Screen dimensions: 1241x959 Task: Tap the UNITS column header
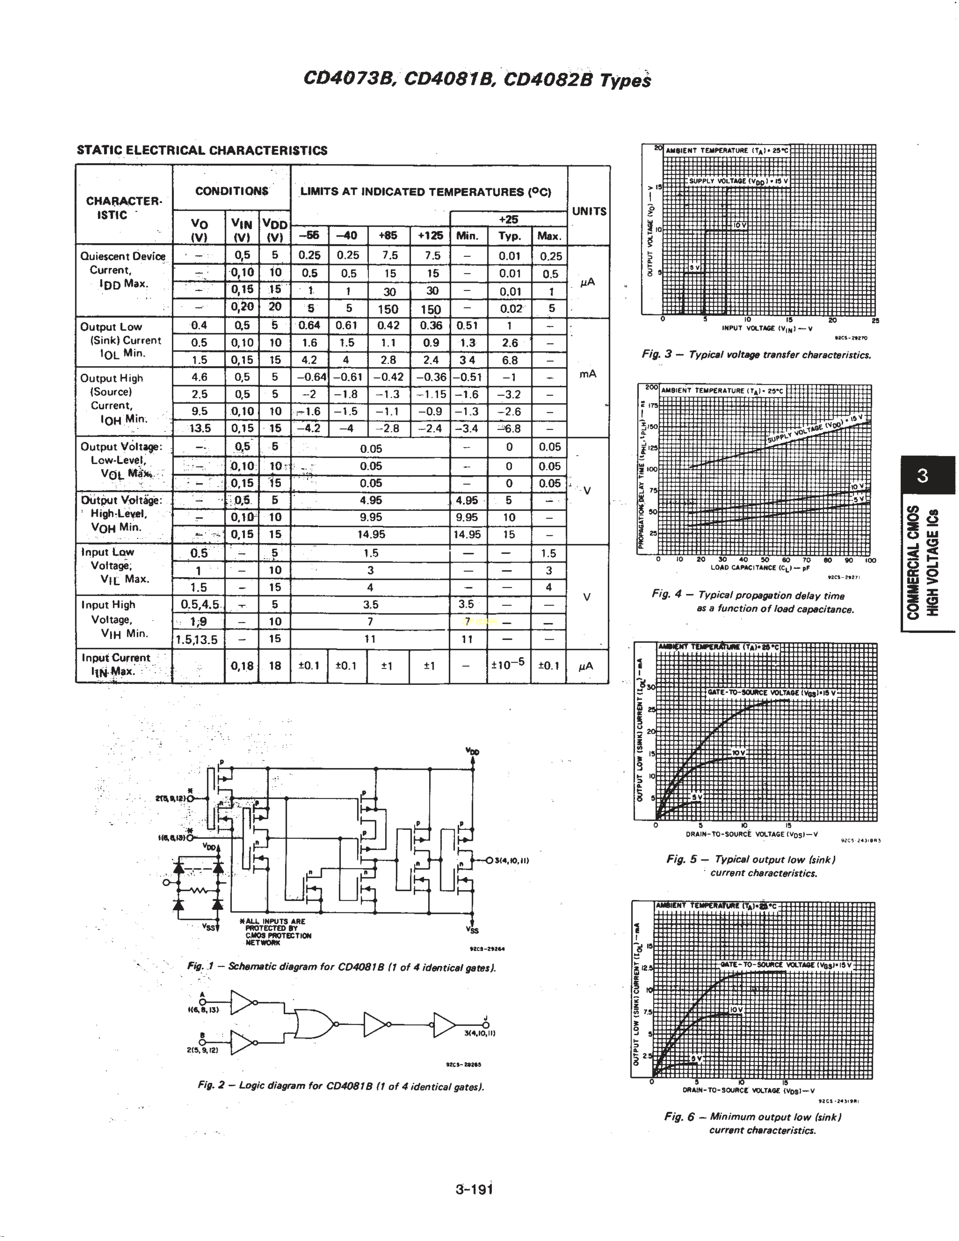click(x=589, y=211)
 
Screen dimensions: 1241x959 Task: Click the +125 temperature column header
click(x=430, y=236)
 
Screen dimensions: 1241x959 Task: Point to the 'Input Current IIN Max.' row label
click(x=115, y=664)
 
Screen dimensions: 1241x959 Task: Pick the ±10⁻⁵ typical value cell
click(x=508, y=665)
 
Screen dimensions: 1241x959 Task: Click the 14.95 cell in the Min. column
click(x=467, y=535)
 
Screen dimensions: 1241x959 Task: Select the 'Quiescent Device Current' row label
click(x=122, y=270)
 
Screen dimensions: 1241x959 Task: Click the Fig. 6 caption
click(x=753, y=1123)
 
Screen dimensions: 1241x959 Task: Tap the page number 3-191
click(x=474, y=1189)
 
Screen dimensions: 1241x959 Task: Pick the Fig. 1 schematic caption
click(x=341, y=966)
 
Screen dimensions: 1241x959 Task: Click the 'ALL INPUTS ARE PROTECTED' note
click(x=277, y=932)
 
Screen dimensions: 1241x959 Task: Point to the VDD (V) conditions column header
click(x=275, y=230)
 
